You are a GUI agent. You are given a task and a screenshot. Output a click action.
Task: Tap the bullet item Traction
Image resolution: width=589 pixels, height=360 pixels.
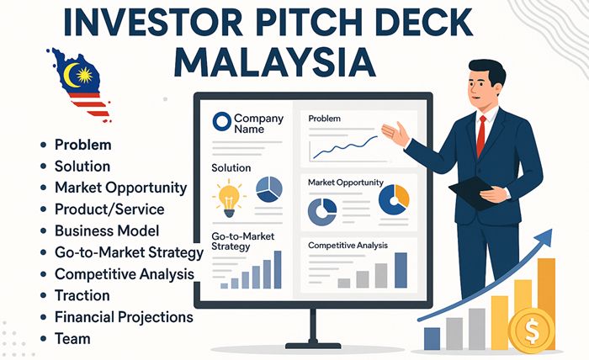pos(82,295)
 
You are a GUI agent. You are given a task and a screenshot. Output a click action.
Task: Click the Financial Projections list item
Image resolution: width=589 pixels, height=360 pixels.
pos(124,317)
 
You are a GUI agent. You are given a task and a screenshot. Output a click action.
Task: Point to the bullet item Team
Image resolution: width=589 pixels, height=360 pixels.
pos(72,339)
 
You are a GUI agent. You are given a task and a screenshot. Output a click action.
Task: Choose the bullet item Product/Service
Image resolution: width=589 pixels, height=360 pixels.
pos(109,208)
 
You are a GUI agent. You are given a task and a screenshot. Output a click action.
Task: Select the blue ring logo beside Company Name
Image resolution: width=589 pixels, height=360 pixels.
pos(221,123)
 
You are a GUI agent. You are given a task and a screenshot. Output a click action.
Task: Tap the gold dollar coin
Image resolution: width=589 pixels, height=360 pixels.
pos(532,329)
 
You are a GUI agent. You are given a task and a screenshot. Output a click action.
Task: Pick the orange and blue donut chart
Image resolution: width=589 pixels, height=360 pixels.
pos(393,199)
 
